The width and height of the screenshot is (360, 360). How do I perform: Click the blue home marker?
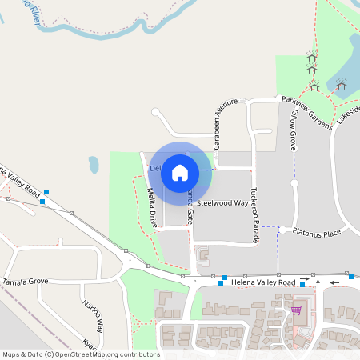180,171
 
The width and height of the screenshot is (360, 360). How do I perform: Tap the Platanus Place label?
316,233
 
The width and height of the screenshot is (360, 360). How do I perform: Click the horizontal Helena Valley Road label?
263,282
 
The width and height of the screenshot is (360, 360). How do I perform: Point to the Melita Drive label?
151,203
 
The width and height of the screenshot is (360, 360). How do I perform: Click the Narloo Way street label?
94,314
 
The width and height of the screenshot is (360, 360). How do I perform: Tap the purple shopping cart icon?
296,310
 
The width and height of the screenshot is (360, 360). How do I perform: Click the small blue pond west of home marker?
94,165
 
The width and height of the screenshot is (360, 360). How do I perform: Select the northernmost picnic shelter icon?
312,57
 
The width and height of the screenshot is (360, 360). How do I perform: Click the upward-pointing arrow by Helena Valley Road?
318,282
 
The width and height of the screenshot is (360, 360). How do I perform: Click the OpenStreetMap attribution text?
80,354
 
